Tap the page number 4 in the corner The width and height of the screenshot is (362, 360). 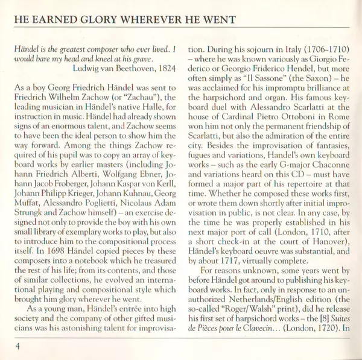(x=19, y=346)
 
